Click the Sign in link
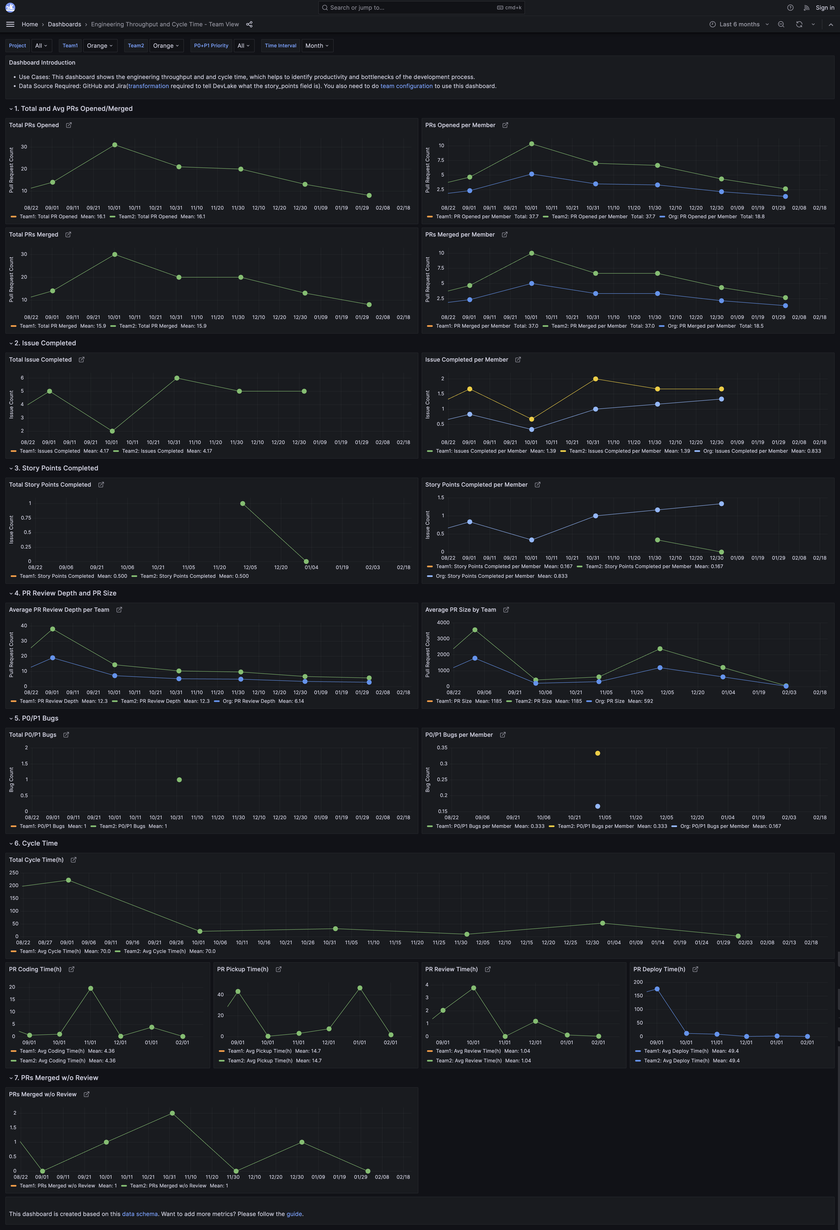coord(825,7)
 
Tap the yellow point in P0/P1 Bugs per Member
coord(598,753)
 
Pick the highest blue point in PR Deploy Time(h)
coord(657,989)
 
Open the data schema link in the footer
coord(140,1214)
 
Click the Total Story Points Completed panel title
coord(50,485)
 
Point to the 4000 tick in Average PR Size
coord(443,622)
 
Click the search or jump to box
coord(421,7)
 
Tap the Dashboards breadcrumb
coord(65,24)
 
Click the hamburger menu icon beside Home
coord(10,24)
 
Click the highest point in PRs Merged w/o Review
coord(172,1113)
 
